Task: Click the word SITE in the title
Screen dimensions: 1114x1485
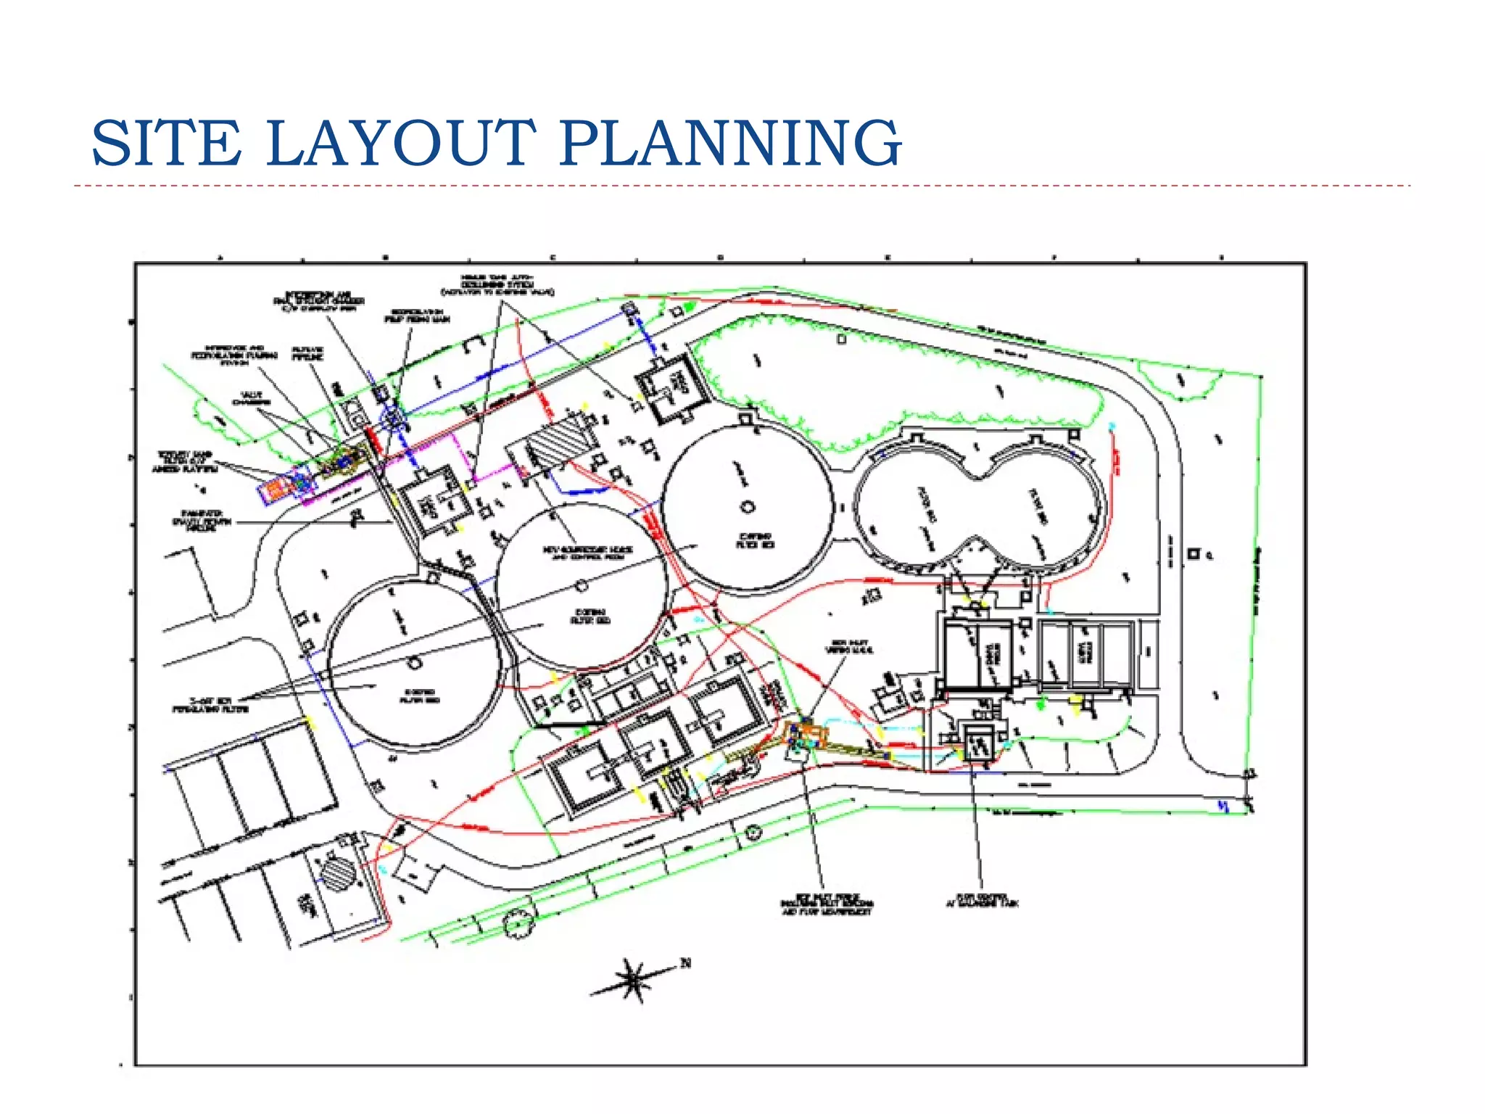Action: tap(166, 143)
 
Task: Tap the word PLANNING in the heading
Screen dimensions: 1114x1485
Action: tap(731, 143)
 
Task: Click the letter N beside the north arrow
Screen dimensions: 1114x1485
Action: tap(685, 963)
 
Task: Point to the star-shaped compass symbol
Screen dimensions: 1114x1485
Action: tap(632, 979)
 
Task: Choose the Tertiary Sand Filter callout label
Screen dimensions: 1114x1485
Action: tap(184, 462)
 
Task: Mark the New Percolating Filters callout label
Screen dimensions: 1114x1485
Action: tap(210, 705)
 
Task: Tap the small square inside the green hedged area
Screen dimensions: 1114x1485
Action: tap(841, 339)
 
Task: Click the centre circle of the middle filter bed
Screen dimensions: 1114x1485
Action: tap(581, 585)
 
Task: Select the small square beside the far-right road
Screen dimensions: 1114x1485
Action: tap(1193, 554)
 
